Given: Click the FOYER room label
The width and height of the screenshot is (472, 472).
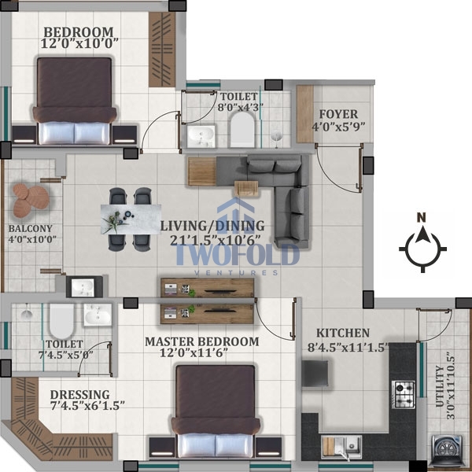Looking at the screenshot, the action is tap(338, 114).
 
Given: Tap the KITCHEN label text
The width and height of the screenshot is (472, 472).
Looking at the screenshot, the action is tap(343, 333).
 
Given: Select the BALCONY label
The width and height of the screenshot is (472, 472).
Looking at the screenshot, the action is tap(31, 228).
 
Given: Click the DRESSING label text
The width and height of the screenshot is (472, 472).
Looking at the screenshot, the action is tap(79, 395).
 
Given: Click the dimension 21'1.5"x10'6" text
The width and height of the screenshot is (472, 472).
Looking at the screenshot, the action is tap(215, 240).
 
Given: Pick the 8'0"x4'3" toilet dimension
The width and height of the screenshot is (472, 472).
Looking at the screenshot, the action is tap(241, 108).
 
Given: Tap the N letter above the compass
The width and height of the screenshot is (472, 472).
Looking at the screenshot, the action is tap(422, 217).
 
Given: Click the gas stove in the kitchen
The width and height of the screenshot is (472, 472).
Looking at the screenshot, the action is tap(404, 394).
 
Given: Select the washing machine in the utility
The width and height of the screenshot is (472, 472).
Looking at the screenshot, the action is tap(447, 450).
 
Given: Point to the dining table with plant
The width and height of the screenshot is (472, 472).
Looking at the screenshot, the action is tap(131, 219).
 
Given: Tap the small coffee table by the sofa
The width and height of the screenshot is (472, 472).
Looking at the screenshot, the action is tap(246, 189).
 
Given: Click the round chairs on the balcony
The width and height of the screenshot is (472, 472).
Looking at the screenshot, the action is tap(31, 200).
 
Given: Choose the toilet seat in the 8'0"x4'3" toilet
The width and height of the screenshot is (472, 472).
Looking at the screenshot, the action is tap(242, 130).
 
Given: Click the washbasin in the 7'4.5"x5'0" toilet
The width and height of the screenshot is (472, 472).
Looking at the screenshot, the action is tap(98, 315).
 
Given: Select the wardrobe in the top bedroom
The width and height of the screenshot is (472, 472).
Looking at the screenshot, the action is tap(162, 50).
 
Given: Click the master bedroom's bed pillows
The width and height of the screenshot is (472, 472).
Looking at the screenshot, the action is tap(216, 445).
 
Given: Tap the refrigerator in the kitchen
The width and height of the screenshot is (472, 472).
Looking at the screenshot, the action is tap(315, 373).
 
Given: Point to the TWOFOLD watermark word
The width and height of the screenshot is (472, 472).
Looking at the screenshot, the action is tap(238, 255).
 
